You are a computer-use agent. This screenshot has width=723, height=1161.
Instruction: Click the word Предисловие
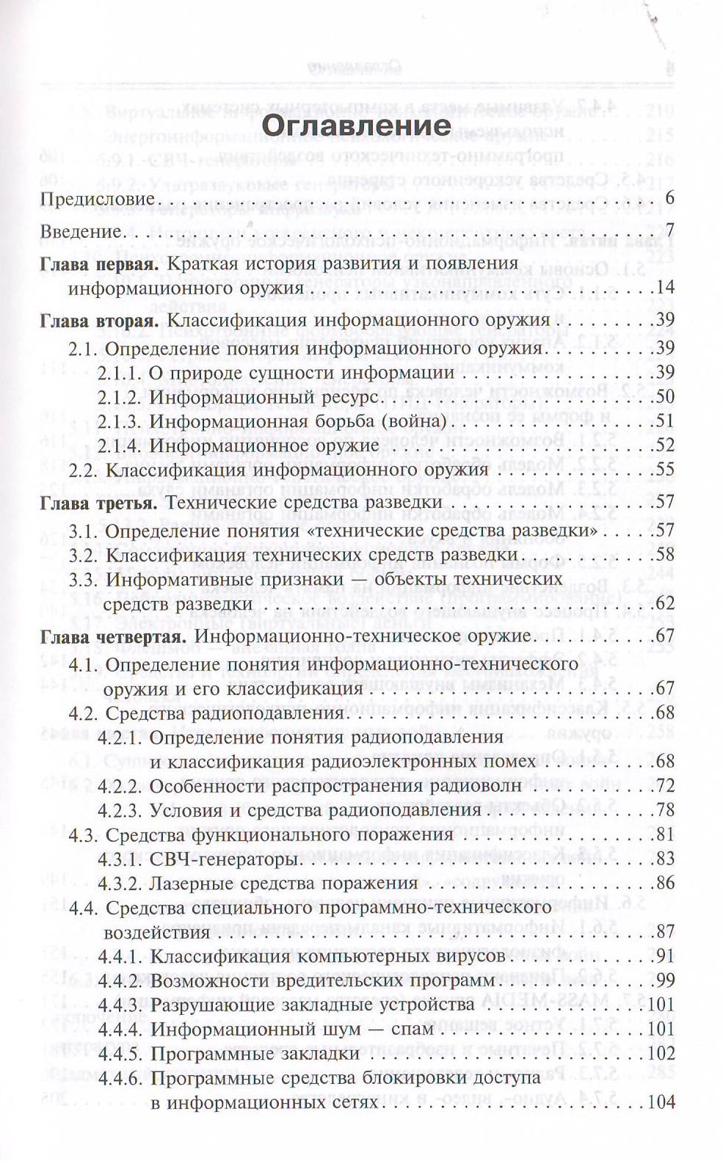point(87,199)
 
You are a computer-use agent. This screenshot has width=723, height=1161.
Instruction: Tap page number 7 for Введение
point(669,232)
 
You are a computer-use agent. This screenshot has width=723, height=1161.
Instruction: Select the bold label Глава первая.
point(99,263)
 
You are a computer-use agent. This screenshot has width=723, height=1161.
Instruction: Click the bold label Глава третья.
point(98,502)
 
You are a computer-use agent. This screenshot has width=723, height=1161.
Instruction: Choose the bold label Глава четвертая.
point(111,635)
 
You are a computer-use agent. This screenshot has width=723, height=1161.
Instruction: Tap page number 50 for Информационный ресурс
point(665,396)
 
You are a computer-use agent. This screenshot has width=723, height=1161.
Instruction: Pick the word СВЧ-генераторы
point(223,859)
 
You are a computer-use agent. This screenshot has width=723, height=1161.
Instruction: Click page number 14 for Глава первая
point(665,288)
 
